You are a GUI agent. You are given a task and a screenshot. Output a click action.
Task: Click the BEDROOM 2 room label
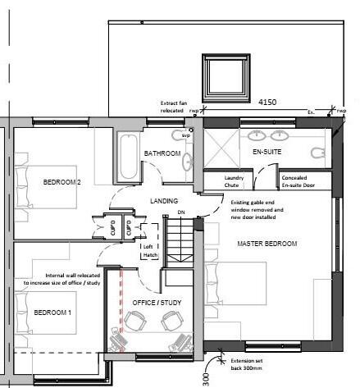click(62, 182)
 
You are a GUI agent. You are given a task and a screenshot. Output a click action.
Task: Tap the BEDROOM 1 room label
click(53, 313)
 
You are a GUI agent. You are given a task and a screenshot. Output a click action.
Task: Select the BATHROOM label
click(162, 153)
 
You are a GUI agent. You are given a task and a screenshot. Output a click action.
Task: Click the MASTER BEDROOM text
click(266, 244)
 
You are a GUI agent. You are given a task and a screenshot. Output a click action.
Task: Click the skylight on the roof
click(221, 72)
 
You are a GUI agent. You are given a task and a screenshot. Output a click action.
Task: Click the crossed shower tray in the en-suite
click(221, 148)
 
